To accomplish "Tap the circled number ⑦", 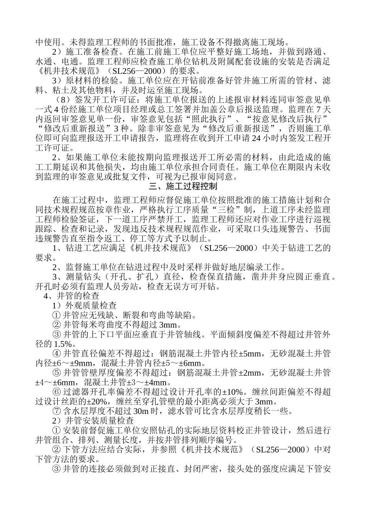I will point(56,412).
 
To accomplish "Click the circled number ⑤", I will point(56,373).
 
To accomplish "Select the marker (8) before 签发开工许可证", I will point(62,99).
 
